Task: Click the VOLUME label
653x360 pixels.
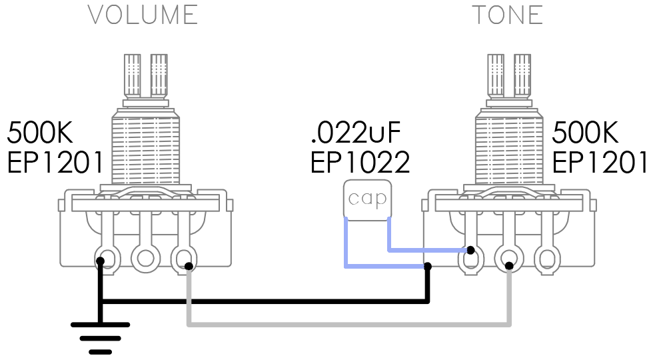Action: click(143, 15)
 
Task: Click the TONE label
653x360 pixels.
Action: click(507, 15)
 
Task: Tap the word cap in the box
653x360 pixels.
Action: click(367, 199)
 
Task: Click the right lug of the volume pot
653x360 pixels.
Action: click(183, 257)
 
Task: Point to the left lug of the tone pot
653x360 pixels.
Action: click(470, 258)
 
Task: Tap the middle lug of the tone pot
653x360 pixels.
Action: click(509, 257)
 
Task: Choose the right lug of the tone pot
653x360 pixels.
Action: click(547, 257)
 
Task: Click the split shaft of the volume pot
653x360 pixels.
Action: click(145, 77)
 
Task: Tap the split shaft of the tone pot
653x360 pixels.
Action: click(509, 77)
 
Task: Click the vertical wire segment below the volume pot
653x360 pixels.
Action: click(190, 297)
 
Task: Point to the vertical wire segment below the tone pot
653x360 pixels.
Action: click(510, 297)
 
